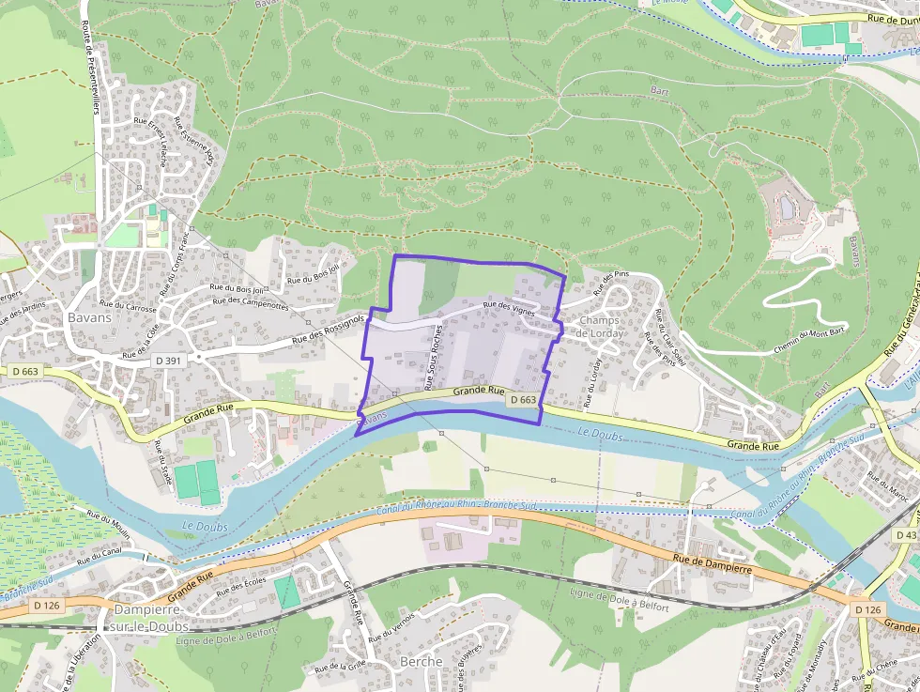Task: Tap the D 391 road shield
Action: click(x=168, y=361)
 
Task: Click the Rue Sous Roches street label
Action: click(x=434, y=358)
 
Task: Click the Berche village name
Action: click(x=421, y=661)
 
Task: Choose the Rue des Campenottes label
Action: click(x=251, y=303)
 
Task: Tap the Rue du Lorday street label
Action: click(x=591, y=383)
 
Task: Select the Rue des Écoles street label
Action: click(x=241, y=588)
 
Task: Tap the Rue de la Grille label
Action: click(x=340, y=667)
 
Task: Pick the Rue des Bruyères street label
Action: click(x=468, y=660)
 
